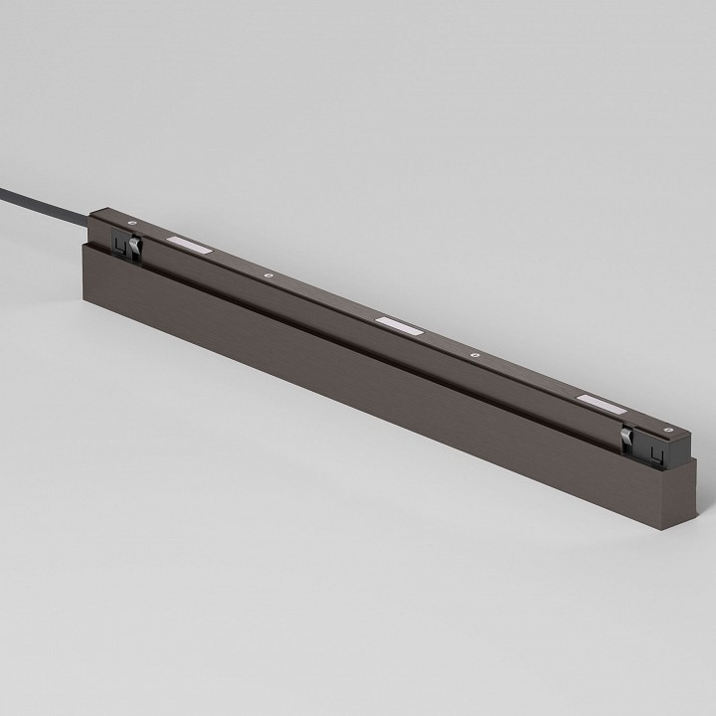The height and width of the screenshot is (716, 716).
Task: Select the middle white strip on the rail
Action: (398, 323)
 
